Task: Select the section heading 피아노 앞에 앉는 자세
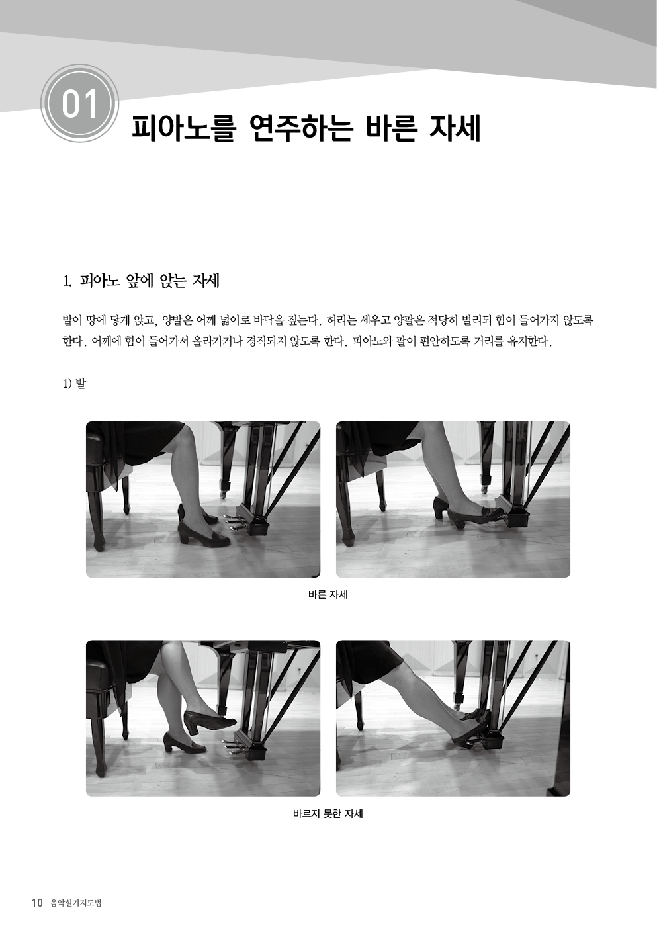coord(150,282)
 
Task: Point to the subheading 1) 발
coord(74,384)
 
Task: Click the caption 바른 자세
coord(328,595)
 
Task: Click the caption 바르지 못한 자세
coord(328,814)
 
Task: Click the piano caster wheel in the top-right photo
coord(484,489)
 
